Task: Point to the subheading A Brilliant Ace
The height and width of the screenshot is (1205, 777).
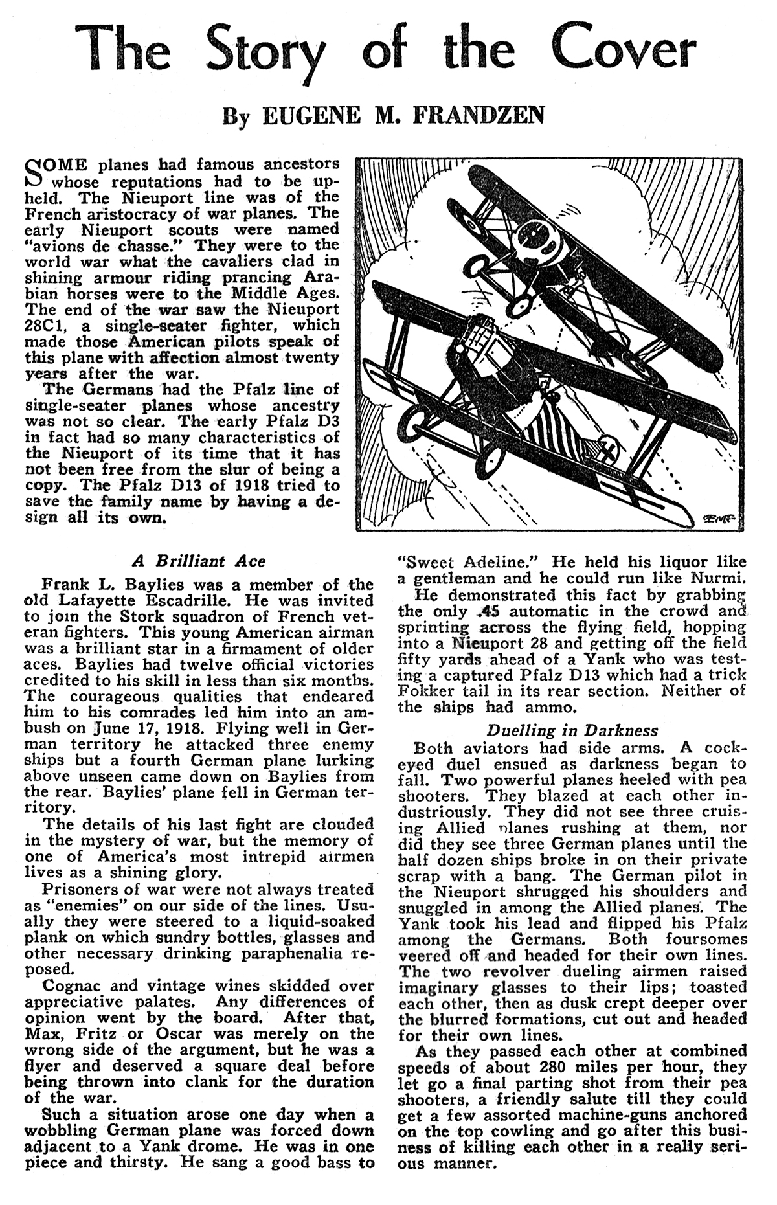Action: coord(199,561)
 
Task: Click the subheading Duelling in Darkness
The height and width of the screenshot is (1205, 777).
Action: coord(572,730)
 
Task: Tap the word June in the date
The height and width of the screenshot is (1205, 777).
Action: coord(110,728)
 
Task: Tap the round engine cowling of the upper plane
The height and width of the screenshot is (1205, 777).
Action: coord(535,238)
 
